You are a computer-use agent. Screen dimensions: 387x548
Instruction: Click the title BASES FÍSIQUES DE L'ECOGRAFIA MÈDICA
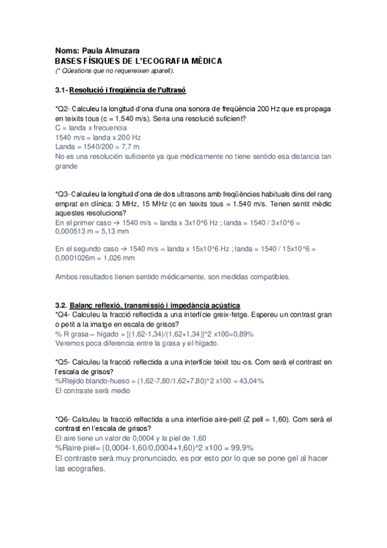(138, 61)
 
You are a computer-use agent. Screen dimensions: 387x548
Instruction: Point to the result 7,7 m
(128, 147)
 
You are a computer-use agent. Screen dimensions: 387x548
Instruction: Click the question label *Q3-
(66, 193)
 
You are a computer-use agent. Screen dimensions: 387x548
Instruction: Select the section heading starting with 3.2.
(148, 304)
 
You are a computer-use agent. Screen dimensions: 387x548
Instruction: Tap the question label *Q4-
(66, 314)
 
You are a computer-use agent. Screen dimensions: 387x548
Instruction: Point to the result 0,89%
(240, 334)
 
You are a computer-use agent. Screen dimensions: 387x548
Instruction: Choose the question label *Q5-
(66, 362)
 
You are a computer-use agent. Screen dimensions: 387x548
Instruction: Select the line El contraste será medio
(92, 391)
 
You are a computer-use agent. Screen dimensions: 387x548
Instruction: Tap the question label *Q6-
(66, 419)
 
